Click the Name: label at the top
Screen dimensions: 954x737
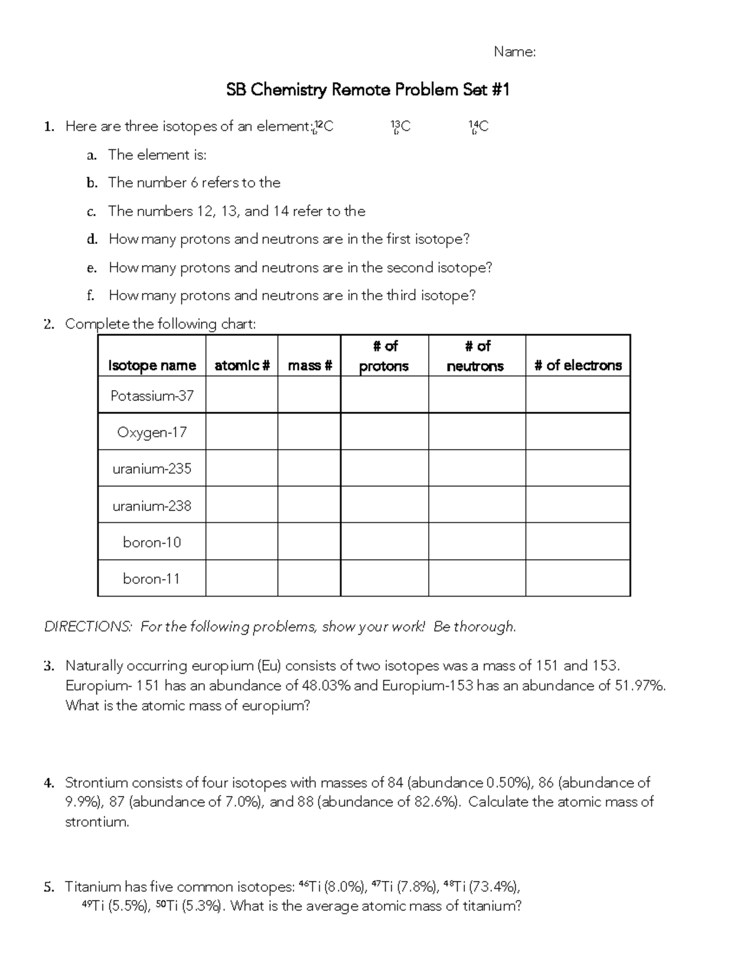click(x=515, y=52)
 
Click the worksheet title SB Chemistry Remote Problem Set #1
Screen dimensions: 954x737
click(x=368, y=90)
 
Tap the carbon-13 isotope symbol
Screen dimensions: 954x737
click(x=400, y=127)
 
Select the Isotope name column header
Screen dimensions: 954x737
click(x=152, y=366)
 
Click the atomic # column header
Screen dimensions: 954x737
click(x=242, y=366)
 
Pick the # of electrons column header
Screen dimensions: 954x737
click(x=578, y=366)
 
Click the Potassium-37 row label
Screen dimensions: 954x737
click(x=152, y=396)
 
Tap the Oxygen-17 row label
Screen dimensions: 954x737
click(x=152, y=432)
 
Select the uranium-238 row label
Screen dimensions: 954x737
click(x=152, y=506)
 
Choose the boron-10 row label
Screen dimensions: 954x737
click(x=152, y=542)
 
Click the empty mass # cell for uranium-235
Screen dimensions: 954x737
click(x=309, y=469)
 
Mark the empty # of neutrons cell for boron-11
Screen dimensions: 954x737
click(x=477, y=578)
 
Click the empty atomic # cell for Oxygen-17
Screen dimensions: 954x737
click(x=241, y=432)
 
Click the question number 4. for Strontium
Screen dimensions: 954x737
click(x=49, y=783)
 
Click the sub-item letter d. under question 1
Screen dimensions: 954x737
click(x=92, y=239)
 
